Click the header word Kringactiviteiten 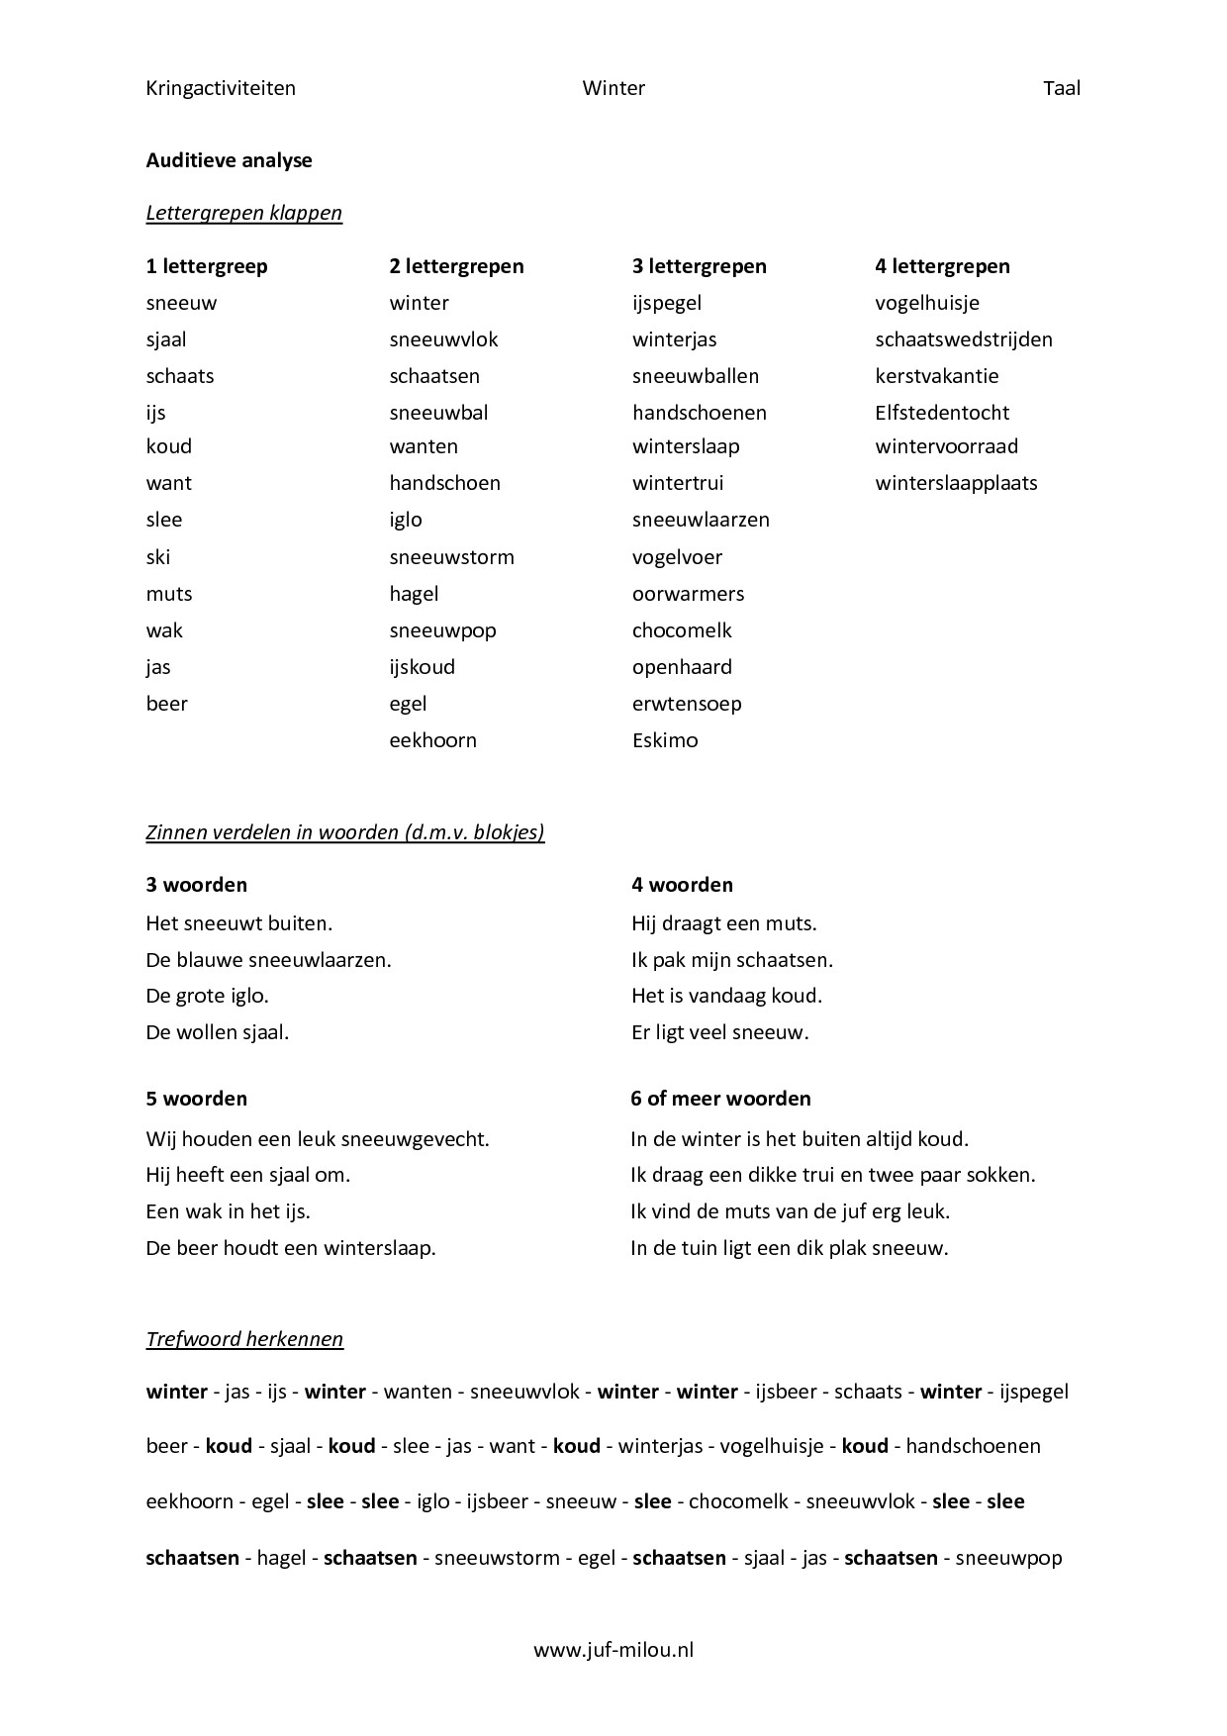pos(221,88)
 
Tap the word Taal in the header pos(1061,88)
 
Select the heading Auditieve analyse pos(229,160)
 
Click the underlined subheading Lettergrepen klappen pos(243,213)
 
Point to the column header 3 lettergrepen pos(699,266)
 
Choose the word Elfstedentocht pos(941,413)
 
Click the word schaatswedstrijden pos(963,339)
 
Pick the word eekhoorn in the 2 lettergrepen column pos(432,740)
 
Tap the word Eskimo pos(664,740)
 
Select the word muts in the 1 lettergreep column pos(168,594)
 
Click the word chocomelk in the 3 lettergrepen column pos(682,630)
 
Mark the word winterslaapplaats pos(956,483)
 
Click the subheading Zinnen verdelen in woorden pos(344,832)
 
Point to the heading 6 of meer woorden pos(720,1099)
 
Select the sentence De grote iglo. pos(207,996)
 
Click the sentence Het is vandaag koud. pos(726,996)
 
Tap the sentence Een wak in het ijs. pos(228,1211)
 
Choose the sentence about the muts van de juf pos(790,1211)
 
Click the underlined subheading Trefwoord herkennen pos(244,1339)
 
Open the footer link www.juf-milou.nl pos(613,1650)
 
